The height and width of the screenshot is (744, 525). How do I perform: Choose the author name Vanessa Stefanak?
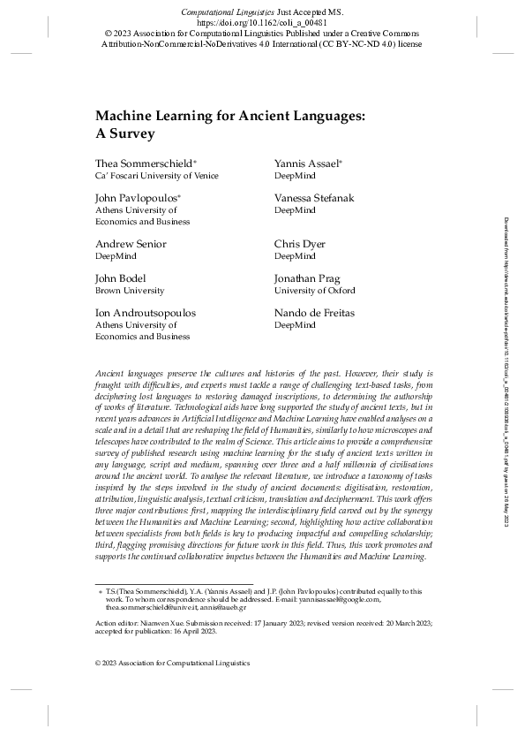pos(314,199)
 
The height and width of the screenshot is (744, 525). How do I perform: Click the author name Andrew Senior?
pos(130,244)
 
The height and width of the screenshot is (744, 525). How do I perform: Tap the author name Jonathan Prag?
pos(306,278)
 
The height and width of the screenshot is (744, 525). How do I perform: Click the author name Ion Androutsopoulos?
pos(146,313)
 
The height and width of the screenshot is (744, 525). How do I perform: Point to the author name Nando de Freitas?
pos(312,313)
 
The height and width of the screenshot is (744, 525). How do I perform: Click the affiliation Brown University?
pos(129,291)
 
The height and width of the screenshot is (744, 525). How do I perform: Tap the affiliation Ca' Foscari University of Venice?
pos(156,177)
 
